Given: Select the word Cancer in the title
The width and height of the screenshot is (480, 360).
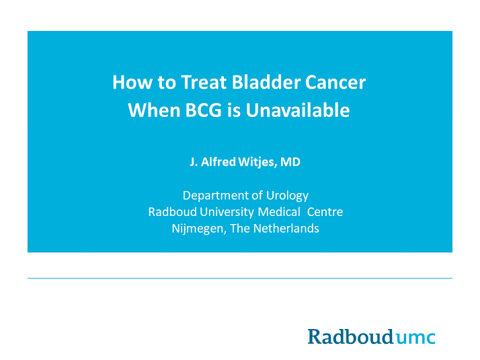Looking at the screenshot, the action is [x=335, y=82].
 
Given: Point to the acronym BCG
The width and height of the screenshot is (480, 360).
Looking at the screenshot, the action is [x=203, y=110].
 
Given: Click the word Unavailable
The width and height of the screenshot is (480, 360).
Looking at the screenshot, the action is [x=298, y=110].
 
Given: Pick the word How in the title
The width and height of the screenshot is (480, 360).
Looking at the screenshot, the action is [x=132, y=82].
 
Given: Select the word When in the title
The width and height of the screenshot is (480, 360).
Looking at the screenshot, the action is [x=154, y=110].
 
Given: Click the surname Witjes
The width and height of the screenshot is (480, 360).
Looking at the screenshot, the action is [x=257, y=162].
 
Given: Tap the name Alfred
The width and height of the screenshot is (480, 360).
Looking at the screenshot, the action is [x=218, y=161].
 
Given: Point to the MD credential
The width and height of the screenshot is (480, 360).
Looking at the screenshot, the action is [x=290, y=161].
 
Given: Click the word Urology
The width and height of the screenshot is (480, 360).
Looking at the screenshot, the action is [x=287, y=196].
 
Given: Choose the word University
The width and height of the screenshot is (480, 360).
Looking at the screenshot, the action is [x=227, y=212].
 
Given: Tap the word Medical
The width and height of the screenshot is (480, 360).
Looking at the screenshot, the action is [x=279, y=212].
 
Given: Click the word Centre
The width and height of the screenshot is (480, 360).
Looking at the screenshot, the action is [x=325, y=212].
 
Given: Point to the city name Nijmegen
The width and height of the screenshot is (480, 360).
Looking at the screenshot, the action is [x=199, y=229].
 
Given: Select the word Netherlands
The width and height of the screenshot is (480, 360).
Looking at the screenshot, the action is [x=286, y=228].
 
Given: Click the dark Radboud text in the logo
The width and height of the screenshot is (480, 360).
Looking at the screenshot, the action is [x=350, y=336].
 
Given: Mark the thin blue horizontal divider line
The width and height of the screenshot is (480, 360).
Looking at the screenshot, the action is [x=240, y=278].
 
